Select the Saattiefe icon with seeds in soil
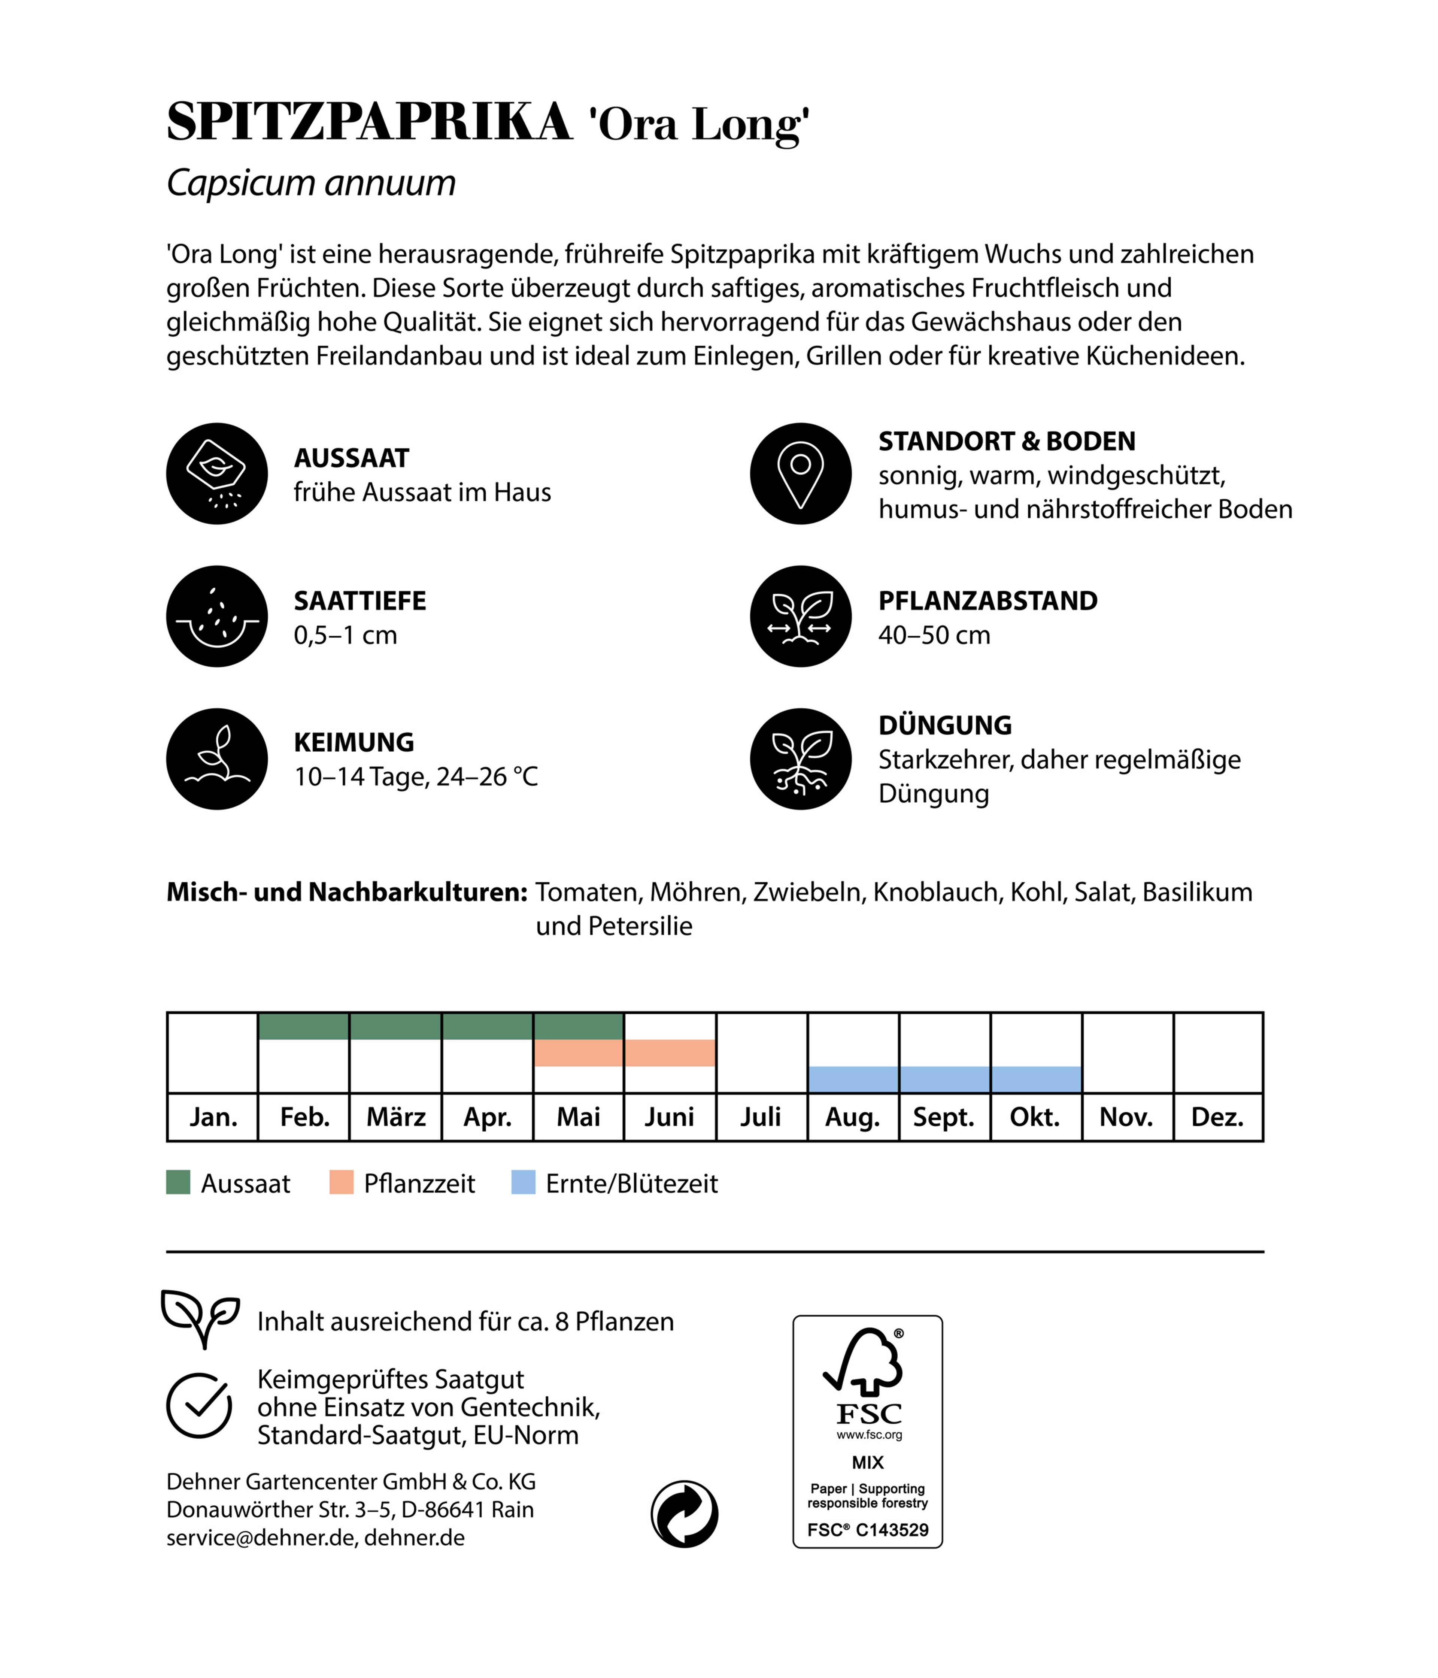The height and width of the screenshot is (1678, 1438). coord(217,616)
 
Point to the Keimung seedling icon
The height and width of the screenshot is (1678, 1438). coord(217,759)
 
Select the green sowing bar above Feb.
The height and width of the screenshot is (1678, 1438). coord(304,1026)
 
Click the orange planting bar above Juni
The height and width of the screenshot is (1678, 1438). coord(670,1053)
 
